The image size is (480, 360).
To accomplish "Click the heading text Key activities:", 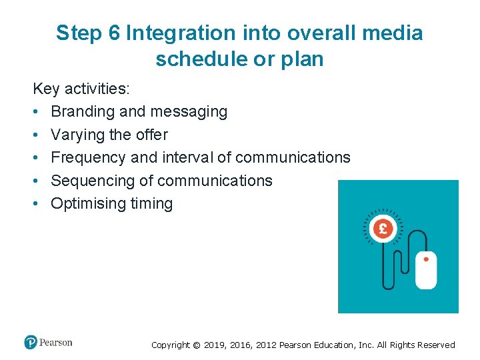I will click(x=81, y=89).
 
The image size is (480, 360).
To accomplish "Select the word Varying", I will click(x=78, y=135).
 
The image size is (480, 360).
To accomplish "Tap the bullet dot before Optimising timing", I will click(x=37, y=204).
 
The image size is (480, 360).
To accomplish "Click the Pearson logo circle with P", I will click(x=31, y=343).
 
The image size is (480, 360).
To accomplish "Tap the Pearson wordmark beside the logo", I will click(x=56, y=343).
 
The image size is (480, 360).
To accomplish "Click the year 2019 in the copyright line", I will click(x=214, y=345).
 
